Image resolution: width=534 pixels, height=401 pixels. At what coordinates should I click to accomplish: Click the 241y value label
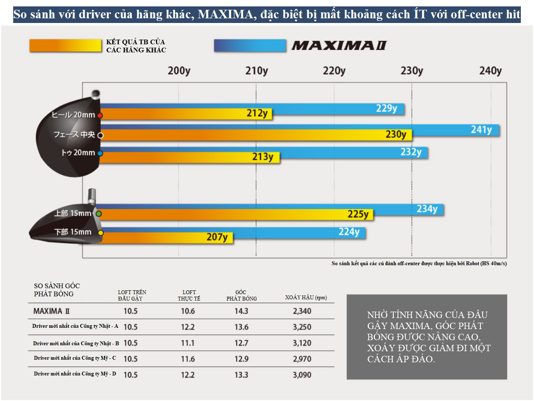click(x=481, y=129)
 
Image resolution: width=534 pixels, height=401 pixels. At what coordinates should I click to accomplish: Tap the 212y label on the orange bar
click(x=257, y=113)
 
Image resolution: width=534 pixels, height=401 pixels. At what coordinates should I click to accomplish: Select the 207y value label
click(x=217, y=237)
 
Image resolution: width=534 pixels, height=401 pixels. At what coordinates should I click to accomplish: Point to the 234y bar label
click(x=427, y=209)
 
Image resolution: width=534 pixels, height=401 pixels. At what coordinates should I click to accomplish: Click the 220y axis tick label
click(x=334, y=71)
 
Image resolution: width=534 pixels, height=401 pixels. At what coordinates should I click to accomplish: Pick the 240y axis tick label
click(x=491, y=71)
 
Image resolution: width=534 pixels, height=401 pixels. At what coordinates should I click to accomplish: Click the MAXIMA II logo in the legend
click(x=339, y=46)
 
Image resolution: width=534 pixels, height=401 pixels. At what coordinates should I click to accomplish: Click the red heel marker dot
click(x=100, y=115)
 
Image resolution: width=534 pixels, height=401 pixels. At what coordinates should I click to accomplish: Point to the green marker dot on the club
click(x=99, y=214)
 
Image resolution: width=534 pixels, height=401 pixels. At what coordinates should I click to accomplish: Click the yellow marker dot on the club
click(x=101, y=233)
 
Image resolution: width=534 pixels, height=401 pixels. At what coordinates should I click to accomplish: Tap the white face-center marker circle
click(x=101, y=135)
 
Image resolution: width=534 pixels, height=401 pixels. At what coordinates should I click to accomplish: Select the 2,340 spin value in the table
click(x=302, y=311)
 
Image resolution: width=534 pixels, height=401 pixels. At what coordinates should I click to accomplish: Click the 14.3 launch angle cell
click(x=241, y=311)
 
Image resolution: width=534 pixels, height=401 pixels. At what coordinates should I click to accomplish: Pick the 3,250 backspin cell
click(x=302, y=327)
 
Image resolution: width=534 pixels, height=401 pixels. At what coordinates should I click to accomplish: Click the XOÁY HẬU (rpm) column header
click(x=306, y=298)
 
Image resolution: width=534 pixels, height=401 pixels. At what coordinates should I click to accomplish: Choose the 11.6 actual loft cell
click(x=188, y=359)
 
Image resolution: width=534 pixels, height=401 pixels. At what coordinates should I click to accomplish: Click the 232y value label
click(x=411, y=152)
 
